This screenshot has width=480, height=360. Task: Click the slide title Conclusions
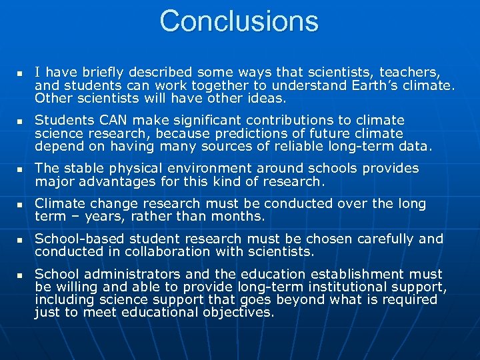click(x=239, y=21)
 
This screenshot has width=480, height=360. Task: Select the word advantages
click(x=118, y=181)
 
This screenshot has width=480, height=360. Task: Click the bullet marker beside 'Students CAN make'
click(x=20, y=121)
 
